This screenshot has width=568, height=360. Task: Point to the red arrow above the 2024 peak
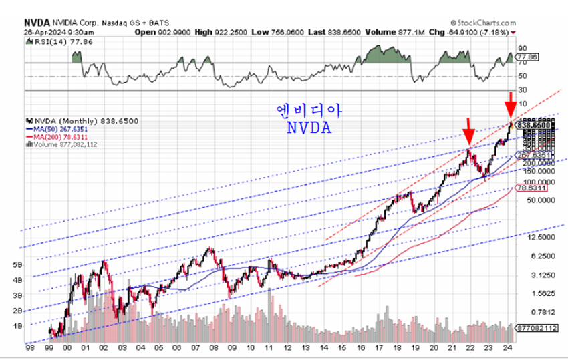[510, 104]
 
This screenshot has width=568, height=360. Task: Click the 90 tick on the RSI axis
[522, 48]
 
